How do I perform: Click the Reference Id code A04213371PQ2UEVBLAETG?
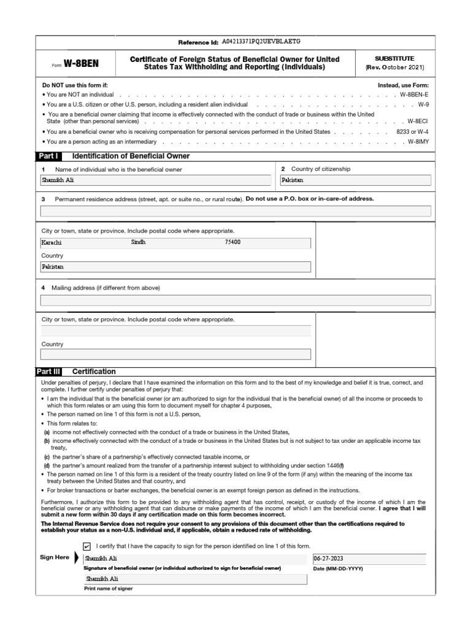[x=261, y=42]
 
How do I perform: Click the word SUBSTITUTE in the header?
[x=394, y=58]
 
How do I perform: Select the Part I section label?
[x=50, y=156]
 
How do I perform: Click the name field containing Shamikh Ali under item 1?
[x=156, y=180]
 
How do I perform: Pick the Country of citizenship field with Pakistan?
[x=355, y=180]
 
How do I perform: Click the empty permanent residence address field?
[x=235, y=211]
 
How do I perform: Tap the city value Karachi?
[x=52, y=242]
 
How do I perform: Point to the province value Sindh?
[x=139, y=242]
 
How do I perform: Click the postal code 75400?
[x=233, y=242]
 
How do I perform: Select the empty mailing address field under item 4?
[x=235, y=300]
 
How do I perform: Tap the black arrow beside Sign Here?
[x=77, y=558]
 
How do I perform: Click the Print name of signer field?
[x=195, y=578]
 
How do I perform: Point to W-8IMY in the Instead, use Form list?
[x=419, y=142]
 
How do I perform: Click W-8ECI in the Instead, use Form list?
[x=419, y=122]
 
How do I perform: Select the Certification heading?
[x=94, y=372]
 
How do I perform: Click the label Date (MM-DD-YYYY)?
[x=338, y=569]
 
